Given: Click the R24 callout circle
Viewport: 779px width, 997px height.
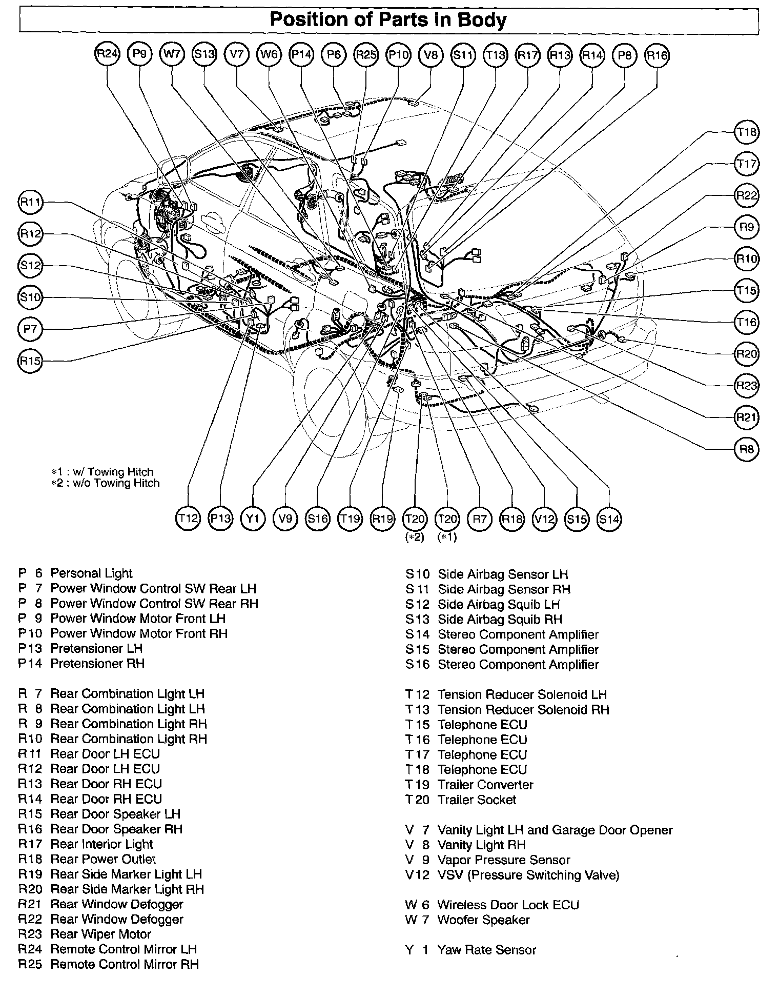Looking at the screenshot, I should [107, 54].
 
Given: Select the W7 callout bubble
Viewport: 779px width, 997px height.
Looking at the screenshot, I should [172, 54].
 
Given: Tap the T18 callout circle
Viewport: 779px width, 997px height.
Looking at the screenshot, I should [746, 132].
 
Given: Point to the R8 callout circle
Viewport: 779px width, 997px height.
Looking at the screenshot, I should [746, 449].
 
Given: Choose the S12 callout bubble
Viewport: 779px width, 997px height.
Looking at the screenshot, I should [30, 266].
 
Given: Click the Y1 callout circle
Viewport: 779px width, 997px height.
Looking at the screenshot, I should [253, 519].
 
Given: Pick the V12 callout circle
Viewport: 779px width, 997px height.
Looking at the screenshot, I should [544, 519].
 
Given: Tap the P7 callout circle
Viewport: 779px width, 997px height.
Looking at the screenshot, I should [30, 329].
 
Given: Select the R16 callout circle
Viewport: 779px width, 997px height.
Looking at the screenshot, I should [657, 54].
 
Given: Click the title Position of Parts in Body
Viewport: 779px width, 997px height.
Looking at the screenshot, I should [388, 20].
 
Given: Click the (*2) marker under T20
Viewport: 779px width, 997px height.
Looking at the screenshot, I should [414, 537].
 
